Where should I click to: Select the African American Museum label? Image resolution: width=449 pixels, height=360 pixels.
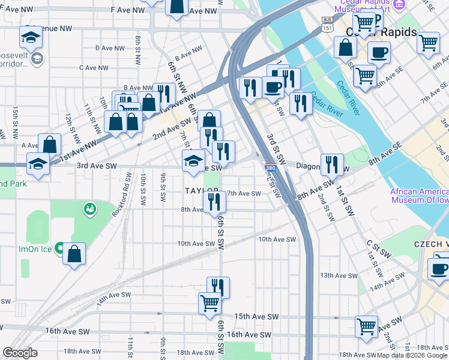click(x=418, y=196)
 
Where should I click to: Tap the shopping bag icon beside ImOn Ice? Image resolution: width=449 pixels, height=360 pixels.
click(x=74, y=253)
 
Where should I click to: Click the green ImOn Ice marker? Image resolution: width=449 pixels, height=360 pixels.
click(x=59, y=247)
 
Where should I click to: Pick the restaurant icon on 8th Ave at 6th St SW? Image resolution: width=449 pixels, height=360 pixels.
click(x=214, y=202)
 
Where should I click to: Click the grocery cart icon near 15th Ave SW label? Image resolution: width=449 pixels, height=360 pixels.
click(x=209, y=303)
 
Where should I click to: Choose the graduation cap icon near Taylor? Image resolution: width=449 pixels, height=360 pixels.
click(x=193, y=161)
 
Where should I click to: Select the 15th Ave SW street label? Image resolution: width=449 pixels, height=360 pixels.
click(x=256, y=316)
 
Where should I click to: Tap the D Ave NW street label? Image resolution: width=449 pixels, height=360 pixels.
click(x=110, y=48)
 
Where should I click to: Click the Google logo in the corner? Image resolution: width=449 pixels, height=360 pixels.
click(x=20, y=353)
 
